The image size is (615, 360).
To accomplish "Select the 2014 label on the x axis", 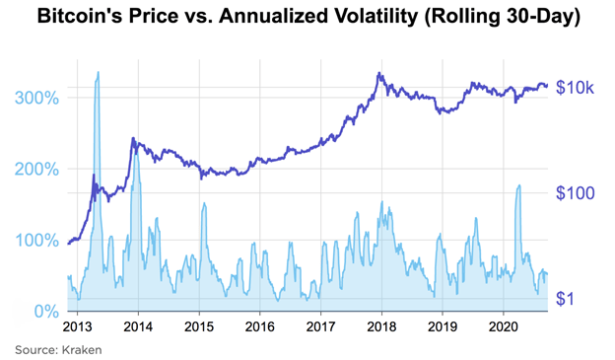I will [138, 325].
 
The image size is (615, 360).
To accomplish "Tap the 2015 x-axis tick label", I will [199, 325].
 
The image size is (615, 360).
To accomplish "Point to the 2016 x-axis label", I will [259, 325].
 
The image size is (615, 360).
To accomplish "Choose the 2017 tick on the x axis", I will [320, 325].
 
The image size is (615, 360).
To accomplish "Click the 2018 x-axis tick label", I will [381, 325].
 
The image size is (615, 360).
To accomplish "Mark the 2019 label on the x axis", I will [443, 325].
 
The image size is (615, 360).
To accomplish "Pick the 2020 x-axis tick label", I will [504, 325].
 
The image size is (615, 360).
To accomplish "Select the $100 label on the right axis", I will [578, 193].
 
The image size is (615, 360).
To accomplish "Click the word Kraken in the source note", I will [84, 349].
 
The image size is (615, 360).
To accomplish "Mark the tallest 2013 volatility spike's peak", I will [98, 72].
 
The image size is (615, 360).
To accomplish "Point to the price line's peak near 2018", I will [378, 73].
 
